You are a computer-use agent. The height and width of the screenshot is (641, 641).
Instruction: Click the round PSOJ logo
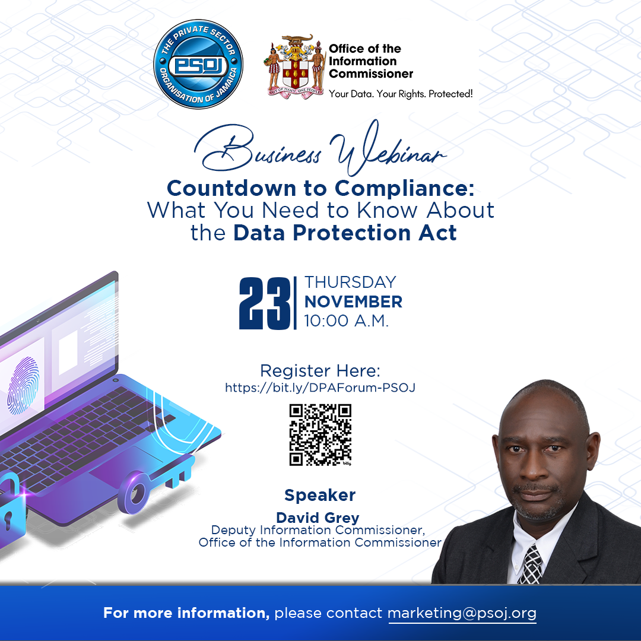[198, 64]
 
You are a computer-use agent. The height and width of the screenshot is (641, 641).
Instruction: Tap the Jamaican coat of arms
[294, 67]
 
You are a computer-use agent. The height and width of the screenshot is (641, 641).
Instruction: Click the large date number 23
[265, 303]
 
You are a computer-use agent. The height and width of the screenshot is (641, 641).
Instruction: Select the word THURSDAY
[350, 282]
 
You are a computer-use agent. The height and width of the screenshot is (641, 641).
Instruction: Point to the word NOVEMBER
[353, 302]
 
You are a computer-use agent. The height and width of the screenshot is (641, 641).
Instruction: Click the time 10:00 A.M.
[346, 321]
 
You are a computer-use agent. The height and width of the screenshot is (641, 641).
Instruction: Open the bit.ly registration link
[320, 388]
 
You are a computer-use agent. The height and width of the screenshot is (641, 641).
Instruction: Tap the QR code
[320, 435]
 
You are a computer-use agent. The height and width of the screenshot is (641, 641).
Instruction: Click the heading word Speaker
[320, 495]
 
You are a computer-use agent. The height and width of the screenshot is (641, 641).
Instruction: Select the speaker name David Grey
[318, 518]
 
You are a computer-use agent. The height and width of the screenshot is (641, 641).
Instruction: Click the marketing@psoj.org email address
[462, 613]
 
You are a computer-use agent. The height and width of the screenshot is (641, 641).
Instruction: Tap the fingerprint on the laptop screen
[24, 386]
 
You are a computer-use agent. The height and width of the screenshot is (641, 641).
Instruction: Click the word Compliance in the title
[404, 189]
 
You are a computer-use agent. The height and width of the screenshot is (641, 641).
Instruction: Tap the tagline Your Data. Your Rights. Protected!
[401, 94]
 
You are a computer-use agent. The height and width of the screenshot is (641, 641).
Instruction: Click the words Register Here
[320, 371]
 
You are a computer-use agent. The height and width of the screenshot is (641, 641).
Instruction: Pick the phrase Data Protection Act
[345, 233]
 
